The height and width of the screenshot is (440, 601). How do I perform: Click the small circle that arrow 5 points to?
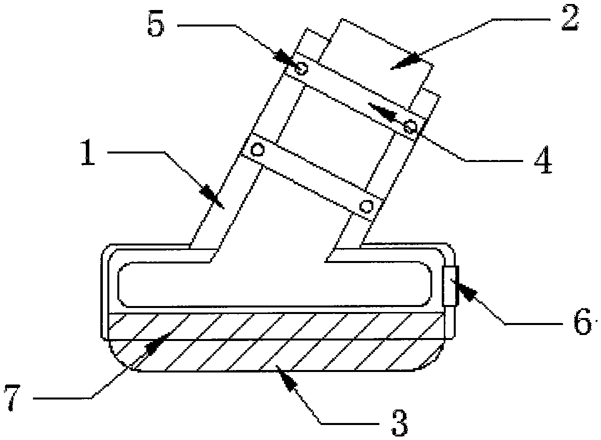[x=300, y=68]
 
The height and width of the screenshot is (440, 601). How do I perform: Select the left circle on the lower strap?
[x=257, y=149]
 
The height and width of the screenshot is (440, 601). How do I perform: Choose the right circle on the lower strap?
[x=367, y=205]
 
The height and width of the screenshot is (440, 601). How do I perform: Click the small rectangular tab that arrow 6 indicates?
[x=450, y=286]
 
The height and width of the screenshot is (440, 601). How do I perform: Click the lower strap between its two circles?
[x=312, y=177]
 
